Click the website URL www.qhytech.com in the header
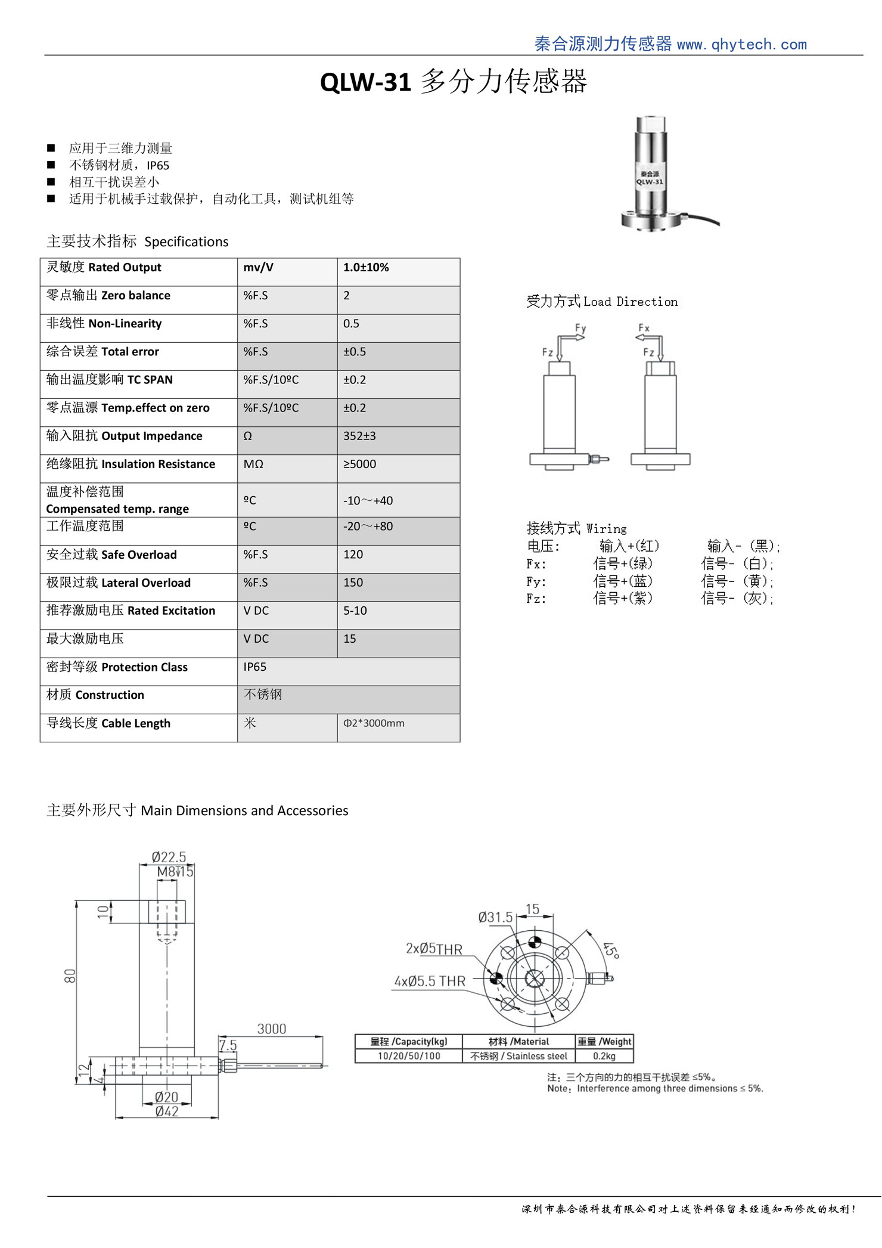click(x=741, y=45)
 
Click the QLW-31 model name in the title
click(x=365, y=82)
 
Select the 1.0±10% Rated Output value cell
click(x=366, y=268)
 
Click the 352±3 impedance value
click(x=359, y=436)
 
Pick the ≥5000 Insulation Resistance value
click(x=359, y=464)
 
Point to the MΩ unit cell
click(x=253, y=464)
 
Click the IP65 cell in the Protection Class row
click(x=255, y=667)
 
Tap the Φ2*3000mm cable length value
click(x=374, y=724)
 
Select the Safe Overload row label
click(x=111, y=555)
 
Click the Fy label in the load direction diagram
click(x=580, y=329)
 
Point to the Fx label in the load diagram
click(x=644, y=328)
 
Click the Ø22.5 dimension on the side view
click(x=169, y=857)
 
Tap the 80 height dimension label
click(x=70, y=976)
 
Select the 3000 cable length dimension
click(x=271, y=1029)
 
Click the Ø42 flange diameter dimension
click(x=167, y=1111)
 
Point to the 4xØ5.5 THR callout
click(x=430, y=981)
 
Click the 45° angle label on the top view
click(x=611, y=950)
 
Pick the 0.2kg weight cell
click(x=604, y=1056)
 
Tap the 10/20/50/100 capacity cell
click(x=409, y=1056)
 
